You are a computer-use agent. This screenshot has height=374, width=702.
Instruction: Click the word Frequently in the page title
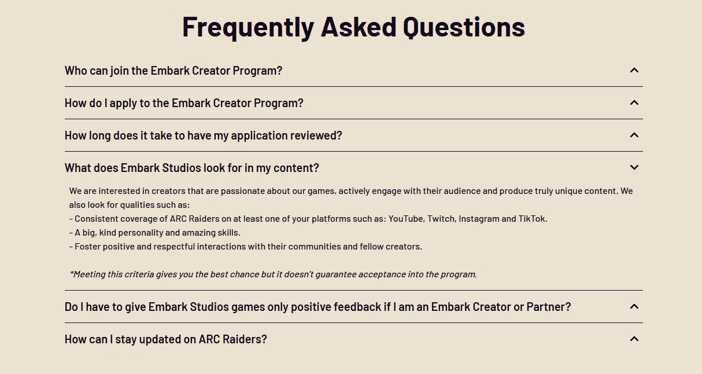click(x=248, y=28)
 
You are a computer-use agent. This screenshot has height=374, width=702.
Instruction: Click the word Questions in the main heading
click(x=464, y=27)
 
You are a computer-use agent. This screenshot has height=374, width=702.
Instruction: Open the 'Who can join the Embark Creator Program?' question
click(x=173, y=71)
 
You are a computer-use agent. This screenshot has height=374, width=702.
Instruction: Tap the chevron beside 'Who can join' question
click(x=634, y=70)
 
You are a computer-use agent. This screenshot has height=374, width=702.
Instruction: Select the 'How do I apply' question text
click(x=184, y=103)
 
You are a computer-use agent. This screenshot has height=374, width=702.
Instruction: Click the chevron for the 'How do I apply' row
click(x=634, y=102)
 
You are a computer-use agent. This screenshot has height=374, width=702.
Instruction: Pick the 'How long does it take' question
click(x=204, y=135)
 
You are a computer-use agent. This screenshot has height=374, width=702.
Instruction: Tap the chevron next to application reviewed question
click(x=634, y=135)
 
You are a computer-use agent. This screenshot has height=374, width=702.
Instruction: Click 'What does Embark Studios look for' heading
click(x=192, y=168)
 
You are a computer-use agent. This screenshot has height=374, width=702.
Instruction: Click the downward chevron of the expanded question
click(x=634, y=167)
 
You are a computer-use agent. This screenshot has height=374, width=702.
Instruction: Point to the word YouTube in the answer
click(x=407, y=219)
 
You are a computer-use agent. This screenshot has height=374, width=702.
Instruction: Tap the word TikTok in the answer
click(x=533, y=219)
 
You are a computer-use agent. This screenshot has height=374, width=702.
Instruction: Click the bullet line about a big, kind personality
click(x=155, y=233)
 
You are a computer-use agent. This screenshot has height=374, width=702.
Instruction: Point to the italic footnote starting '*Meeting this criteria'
click(x=274, y=274)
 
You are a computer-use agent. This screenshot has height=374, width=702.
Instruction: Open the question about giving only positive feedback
click(x=318, y=307)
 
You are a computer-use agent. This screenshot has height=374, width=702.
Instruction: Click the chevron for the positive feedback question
click(x=634, y=306)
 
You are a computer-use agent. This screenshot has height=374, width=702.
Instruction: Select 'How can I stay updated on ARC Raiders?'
click(x=166, y=339)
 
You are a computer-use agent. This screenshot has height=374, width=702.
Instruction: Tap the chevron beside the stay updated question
click(x=634, y=339)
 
